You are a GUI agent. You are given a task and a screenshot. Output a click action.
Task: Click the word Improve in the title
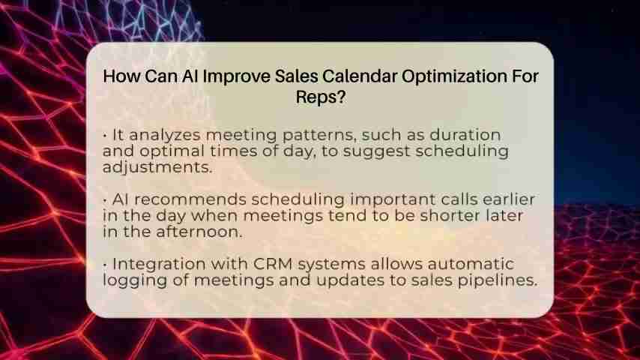pos(236,76)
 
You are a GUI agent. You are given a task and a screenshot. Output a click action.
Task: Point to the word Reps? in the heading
pos(321,97)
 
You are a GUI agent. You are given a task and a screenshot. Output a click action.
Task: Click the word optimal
pos(172,151)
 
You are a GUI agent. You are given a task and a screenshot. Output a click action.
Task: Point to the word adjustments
pos(157,167)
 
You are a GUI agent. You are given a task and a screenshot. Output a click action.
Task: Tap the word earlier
pos(509,199)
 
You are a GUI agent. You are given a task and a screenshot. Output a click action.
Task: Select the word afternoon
pos(199,232)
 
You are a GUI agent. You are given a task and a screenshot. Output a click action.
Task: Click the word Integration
pos(159,265)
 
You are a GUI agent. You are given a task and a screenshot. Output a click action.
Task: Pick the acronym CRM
pos(273,264)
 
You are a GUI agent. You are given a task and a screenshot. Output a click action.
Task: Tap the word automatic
pos(471,264)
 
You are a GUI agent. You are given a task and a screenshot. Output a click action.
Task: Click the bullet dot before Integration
pos(106,265)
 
